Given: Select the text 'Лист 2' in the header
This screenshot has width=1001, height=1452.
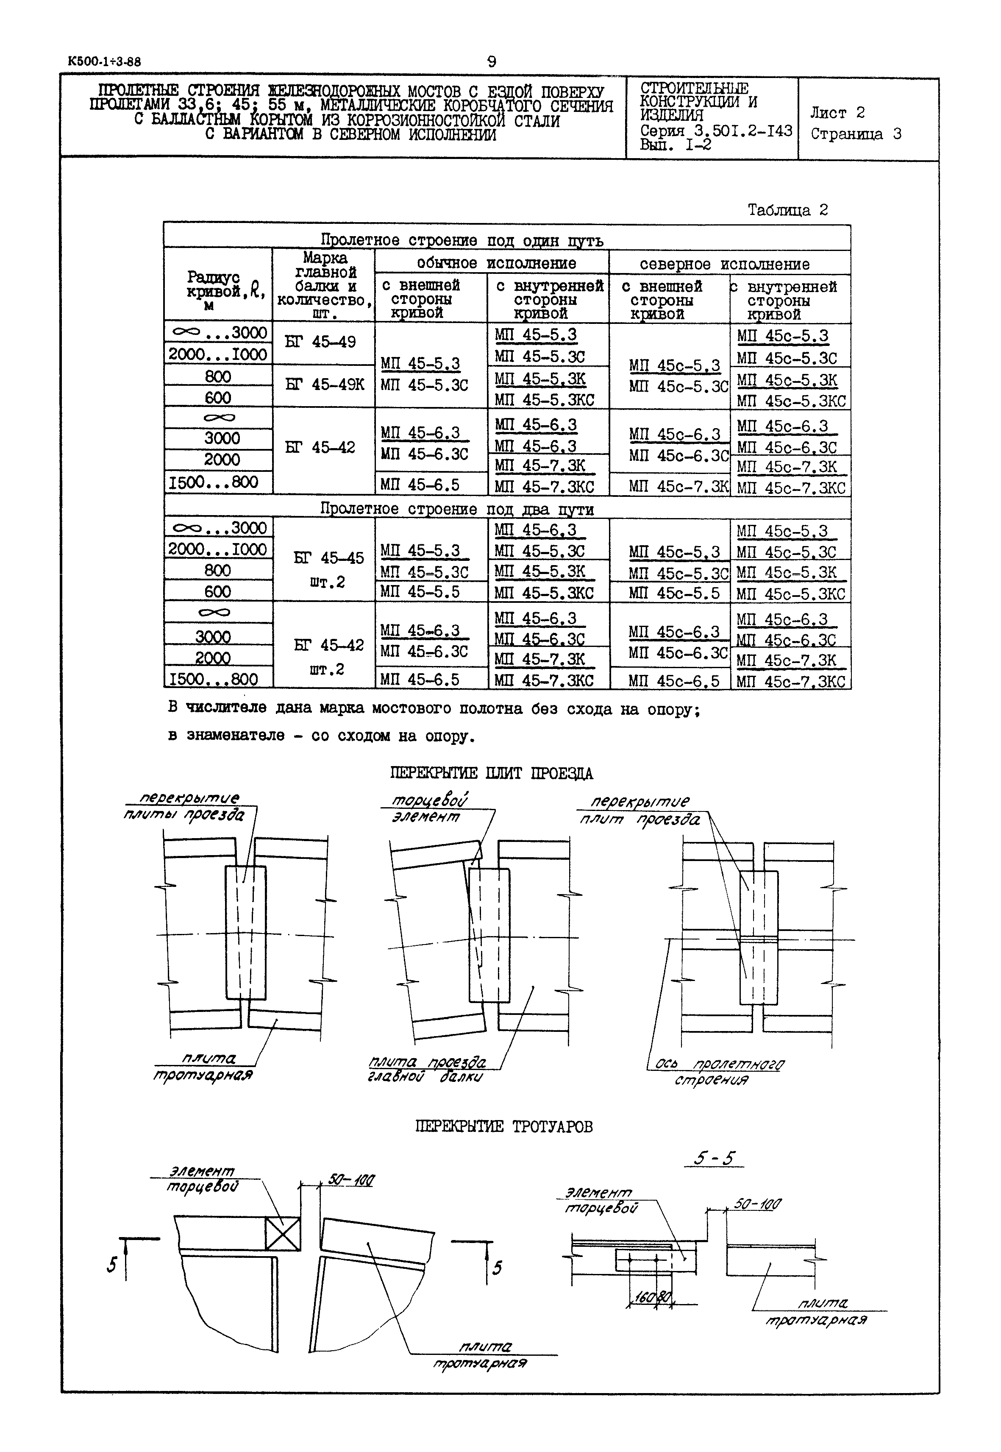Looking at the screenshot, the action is pos(837,113).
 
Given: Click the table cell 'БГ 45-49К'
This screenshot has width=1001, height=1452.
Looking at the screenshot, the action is pos(324,385).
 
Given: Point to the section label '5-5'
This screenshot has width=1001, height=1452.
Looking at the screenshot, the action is pos(714,1158).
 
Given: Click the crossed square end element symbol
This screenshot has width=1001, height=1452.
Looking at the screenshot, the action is pos(282,1234).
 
